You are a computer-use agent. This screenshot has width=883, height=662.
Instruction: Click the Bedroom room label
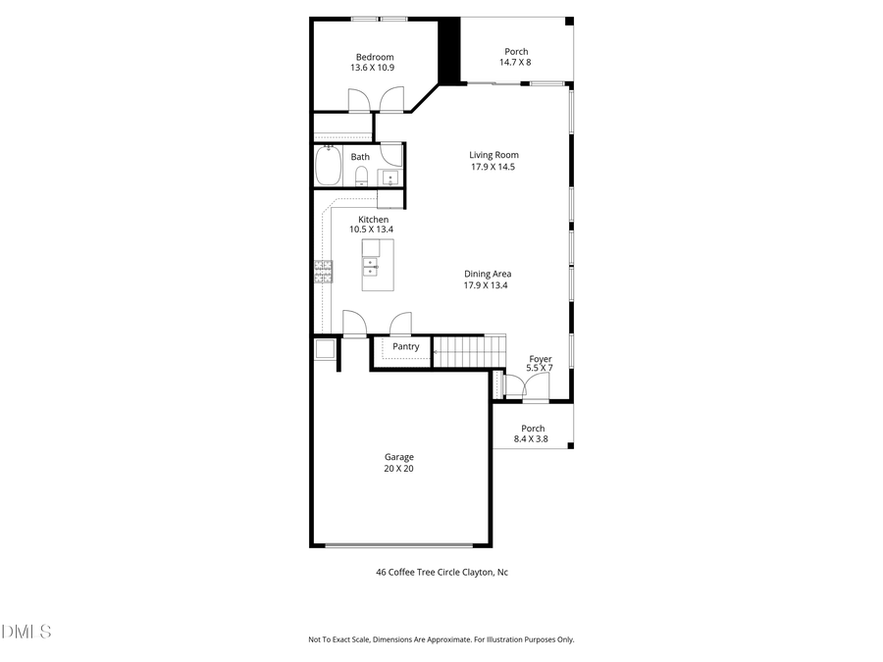pos(375,56)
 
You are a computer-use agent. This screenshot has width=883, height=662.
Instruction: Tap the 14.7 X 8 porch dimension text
pos(516,63)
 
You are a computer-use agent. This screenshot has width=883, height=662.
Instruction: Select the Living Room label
pos(493,155)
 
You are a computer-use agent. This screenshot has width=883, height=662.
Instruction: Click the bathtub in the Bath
pos(328,166)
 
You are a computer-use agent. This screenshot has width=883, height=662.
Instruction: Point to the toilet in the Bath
pos(361,177)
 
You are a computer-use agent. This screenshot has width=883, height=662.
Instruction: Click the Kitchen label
pos(372,220)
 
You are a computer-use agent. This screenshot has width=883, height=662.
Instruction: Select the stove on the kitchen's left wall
pos(323,271)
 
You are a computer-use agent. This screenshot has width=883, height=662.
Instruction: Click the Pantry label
pos(405,346)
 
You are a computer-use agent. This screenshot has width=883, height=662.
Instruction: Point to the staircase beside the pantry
pos(468,351)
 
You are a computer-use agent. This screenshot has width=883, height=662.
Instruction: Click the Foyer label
pos(540,359)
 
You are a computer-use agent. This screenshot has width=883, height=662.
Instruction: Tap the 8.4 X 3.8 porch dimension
pos(533,439)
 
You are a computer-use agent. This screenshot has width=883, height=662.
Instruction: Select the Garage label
pos(398,457)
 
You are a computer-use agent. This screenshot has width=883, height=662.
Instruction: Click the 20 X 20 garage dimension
pos(398,469)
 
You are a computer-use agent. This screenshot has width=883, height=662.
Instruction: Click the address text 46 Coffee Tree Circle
pos(441,572)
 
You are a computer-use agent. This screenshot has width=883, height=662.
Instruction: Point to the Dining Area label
pos(488,274)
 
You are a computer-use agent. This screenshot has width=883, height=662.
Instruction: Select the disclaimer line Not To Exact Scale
pos(441,639)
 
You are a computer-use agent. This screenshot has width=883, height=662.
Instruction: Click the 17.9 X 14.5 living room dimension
pos(493,167)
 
